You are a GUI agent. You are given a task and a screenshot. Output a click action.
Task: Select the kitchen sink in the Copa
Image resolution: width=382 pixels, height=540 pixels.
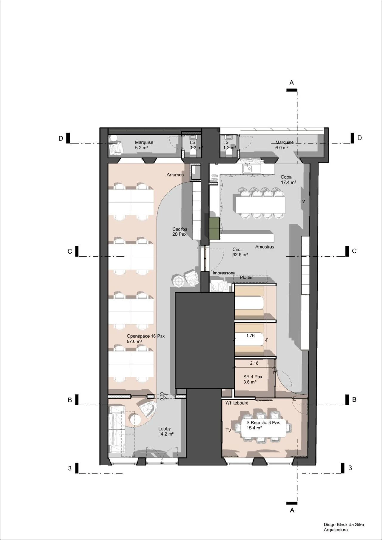click(247, 169)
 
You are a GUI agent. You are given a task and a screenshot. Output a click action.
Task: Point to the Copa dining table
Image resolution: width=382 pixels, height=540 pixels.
click(260, 205)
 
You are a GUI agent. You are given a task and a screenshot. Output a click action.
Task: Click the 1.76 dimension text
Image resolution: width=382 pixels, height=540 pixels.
click(250, 336)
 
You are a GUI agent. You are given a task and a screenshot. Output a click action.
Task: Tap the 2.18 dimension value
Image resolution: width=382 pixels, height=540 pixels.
click(254, 363)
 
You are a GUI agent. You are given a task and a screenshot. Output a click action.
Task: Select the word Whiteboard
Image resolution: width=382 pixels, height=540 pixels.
click(237, 403)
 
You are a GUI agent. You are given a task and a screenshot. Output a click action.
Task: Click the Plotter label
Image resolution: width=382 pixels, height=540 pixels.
click(246, 277)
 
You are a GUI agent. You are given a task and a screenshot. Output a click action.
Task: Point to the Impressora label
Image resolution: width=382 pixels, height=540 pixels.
click(224, 273)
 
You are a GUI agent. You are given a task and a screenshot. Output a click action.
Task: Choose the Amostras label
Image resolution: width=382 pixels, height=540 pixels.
click(265, 247)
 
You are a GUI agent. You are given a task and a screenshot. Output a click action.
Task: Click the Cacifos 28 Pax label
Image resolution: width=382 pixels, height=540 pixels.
click(180, 232)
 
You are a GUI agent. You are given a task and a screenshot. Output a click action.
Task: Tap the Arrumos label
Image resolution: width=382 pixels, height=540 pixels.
click(175, 175)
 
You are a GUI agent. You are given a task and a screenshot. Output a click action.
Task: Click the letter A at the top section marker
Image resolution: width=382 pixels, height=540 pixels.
click(292, 82)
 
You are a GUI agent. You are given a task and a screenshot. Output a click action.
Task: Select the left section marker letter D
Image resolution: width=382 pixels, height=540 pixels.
click(61, 138)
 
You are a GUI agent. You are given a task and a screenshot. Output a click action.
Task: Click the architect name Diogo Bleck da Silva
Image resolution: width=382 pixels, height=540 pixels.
click(344, 524)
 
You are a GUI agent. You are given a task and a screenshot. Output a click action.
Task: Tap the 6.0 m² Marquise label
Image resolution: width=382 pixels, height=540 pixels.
click(282, 147)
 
